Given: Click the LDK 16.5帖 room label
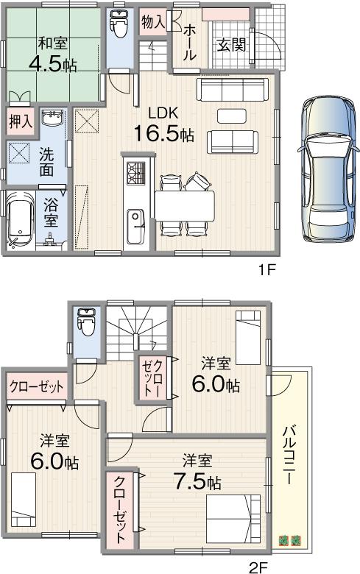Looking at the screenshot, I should tap(163, 125).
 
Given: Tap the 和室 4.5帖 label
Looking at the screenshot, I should tap(52, 54).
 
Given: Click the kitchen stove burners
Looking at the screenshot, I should tap(135, 174).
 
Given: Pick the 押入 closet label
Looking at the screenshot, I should tap(21, 120).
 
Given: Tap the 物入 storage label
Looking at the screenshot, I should tap(152, 22).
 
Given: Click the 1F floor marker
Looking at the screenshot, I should tap(267, 269).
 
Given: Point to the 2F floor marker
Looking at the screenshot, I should tap(257, 566).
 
